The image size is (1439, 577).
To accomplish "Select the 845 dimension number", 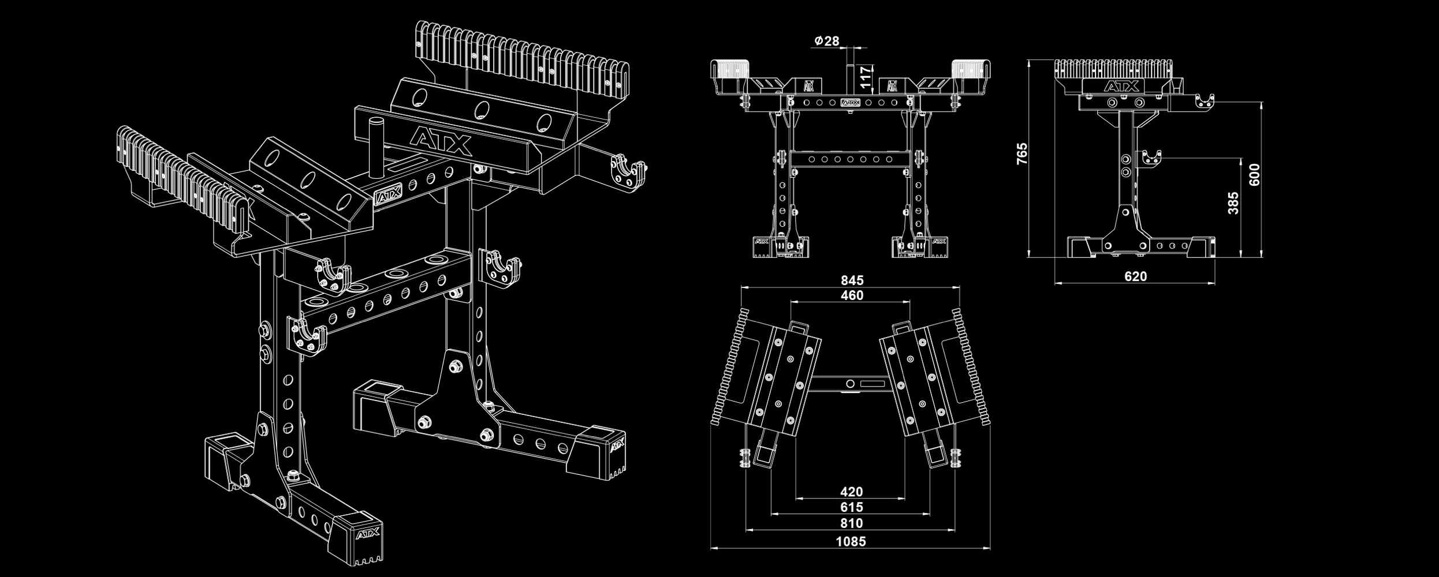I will [x=852, y=280].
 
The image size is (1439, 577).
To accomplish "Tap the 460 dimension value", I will [x=852, y=295].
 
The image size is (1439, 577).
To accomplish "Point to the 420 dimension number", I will [x=851, y=492].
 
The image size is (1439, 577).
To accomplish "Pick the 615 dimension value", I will [x=851, y=507].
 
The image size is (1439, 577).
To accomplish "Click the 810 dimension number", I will [x=851, y=523].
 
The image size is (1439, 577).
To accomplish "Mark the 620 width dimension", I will [x=1135, y=276].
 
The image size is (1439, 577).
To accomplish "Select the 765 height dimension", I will [x=1022, y=153].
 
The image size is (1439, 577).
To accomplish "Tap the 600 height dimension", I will [x=1254, y=174].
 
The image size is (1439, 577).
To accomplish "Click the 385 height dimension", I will [x=1233, y=203].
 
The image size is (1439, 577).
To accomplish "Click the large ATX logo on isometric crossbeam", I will [x=441, y=141].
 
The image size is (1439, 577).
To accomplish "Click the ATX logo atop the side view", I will [x=1121, y=87].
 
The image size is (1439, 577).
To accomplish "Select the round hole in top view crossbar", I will [x=850, y=383].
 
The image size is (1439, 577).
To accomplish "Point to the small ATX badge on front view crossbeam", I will [x=849, y=102].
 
